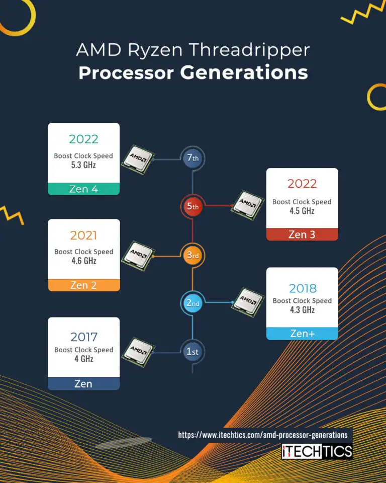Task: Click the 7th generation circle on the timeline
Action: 192,158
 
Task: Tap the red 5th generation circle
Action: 192,206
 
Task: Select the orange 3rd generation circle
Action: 192,255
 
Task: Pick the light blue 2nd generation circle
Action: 192,303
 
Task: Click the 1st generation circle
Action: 192,352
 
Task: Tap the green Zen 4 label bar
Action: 83,189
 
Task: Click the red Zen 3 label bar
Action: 302,234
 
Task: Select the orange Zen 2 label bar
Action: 83,285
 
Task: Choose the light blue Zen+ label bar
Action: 302,333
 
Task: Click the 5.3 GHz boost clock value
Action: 83,165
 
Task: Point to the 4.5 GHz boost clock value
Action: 302,211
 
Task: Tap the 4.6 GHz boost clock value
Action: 83,261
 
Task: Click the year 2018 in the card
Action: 303,288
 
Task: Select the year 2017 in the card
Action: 83,336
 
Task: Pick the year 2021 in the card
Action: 83,235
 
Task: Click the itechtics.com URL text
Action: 262,435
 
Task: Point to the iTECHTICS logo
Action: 317,451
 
